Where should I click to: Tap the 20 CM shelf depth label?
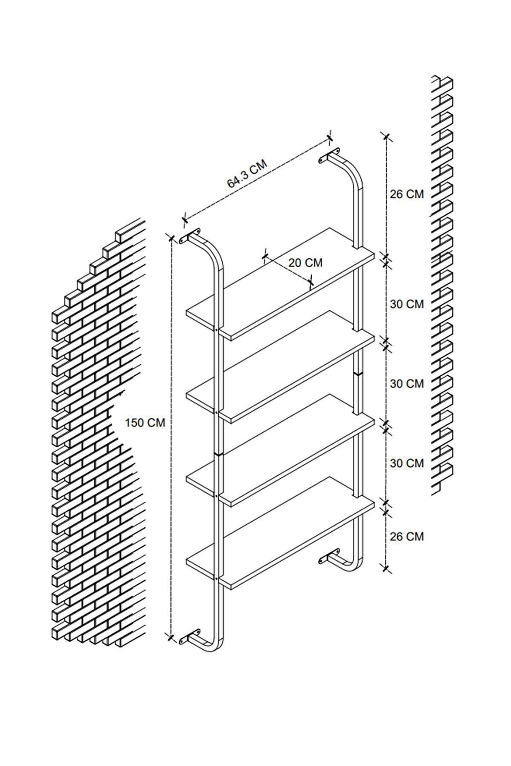tap(305, 263)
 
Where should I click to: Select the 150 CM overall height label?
tap(145, 423)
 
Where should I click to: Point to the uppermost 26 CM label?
tap(407, 194)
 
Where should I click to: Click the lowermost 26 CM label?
tap(407, 537)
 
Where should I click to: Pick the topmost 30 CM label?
tap(407, 304)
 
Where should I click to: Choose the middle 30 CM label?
tap(407, 383)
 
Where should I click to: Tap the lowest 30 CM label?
tap(407, 463)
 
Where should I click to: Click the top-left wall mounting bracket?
tap(190, 236)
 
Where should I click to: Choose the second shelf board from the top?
tap(280, 367)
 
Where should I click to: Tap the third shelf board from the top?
tap(280, 450)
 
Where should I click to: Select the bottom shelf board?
tap(280, 533)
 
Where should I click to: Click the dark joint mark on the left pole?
tap(218, 454)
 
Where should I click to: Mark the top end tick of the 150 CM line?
tap(171, 238)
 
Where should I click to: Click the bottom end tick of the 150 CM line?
tap(170, 649)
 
